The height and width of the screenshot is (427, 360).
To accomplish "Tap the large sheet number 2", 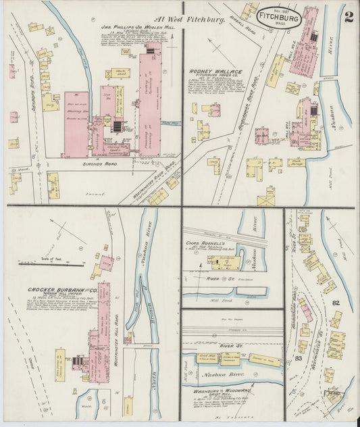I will click(x=347, y=16).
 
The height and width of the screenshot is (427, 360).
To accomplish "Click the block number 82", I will click(x=336, y=304).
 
